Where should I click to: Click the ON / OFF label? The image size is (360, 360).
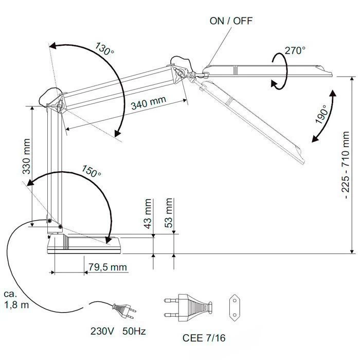coord(231,21)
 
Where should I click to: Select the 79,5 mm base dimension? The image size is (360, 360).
coord(107,267)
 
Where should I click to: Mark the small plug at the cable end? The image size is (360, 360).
coord(125,310)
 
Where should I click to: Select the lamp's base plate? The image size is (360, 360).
coord(85,246)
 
